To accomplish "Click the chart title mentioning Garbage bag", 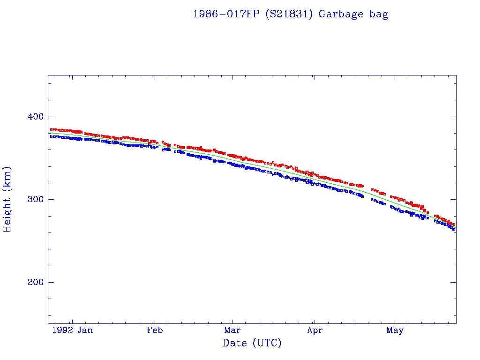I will (291, 14).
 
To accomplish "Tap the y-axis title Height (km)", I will (7, 199).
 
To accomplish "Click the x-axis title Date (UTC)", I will (252, 343).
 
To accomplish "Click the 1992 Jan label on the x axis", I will (72, 330).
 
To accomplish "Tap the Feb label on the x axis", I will (155, 330).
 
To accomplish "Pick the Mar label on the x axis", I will (232, 330).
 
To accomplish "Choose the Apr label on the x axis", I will (315, 330).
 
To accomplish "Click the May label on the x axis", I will (395, 330).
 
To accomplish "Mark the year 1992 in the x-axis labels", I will (63, 330).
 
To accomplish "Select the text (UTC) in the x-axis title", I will (267, 343).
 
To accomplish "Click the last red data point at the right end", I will (454, 225).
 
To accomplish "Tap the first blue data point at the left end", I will (51, 136).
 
